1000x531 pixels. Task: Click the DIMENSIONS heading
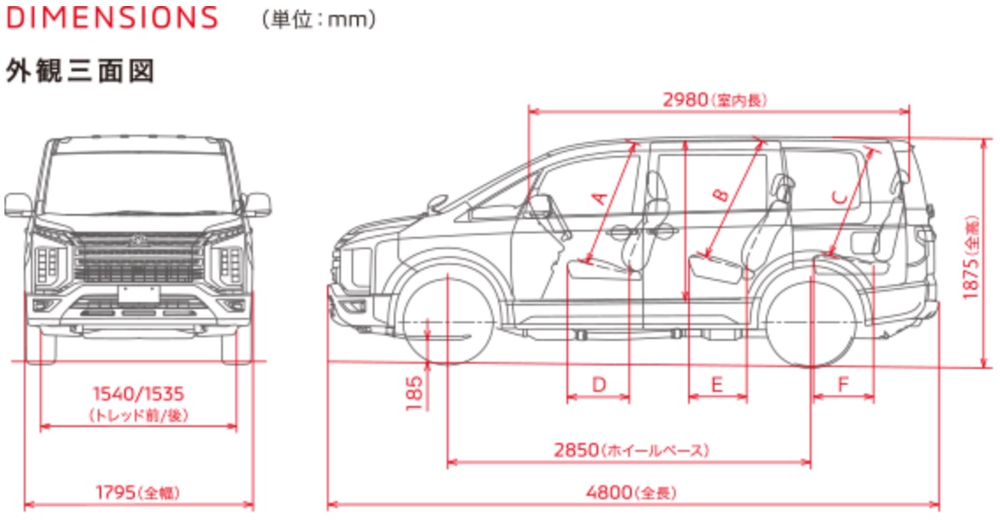pyautogui.click(x=111, y=18)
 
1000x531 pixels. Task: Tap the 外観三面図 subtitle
pyautogui.click(x=80, y=70)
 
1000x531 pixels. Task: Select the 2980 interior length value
pyautogui.click(x=685, y=100)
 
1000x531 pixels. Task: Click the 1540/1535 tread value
pyautogui.click(x=139, y=393)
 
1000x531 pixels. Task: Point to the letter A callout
pyautogui.click(x=599, y=197)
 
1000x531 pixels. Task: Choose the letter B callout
pyautogui.click(x=720, y=195)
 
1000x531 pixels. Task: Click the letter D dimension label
pyautogui.click(x=598, y=384)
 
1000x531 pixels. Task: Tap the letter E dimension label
pyautogui.click(x=716, y=384)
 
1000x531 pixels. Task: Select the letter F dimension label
pyautogui.click(x=842, y=384)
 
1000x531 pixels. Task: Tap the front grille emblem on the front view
pyautogui.click(x=139, y=239)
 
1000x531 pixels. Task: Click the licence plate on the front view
pyautogui.click(x=139, y=292)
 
